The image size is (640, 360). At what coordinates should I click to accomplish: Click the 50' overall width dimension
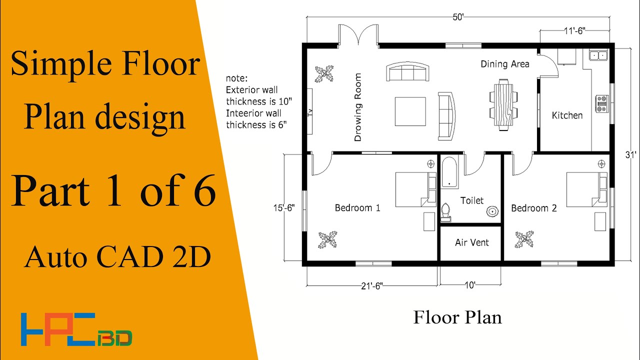click(x=458, y=17)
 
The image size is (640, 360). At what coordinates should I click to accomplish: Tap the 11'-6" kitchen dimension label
click(x=574, y=30)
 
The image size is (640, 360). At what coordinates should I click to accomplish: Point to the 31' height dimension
click(x=631, y=154)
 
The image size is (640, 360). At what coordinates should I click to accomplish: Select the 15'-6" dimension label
click(x=284, y=207)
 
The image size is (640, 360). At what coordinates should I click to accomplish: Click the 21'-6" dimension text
click(x=372, y=285)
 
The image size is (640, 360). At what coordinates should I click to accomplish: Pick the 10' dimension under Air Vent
click(x=470, y=285)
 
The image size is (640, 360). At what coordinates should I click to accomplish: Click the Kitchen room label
click(x=567, y=115)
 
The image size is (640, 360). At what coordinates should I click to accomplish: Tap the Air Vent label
click(x=472, y=242)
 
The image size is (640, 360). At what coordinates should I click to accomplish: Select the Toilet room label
click(x=472, y=200)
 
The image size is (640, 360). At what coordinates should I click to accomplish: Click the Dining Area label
click(x=505, y=64)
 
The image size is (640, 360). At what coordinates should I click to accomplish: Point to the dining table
click(x=503, y=105)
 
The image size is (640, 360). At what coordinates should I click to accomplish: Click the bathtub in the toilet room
click(x=449, y=172)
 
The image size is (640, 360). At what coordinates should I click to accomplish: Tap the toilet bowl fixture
click(x=445, y=212)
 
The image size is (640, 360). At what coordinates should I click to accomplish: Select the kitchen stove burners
click(x=601, y=103)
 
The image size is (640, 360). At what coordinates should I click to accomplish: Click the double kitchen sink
click(x=598, y=55)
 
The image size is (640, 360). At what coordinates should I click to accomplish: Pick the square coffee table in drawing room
click(x=410, y=111)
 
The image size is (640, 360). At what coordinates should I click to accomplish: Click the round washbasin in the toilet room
click(x=492, y=211)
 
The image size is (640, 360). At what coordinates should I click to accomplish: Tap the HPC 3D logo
click(x=76, y=329)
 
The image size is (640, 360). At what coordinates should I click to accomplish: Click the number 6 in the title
click(x=204, y=190)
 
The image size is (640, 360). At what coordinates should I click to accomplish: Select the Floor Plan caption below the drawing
click(x=457, y=317)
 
